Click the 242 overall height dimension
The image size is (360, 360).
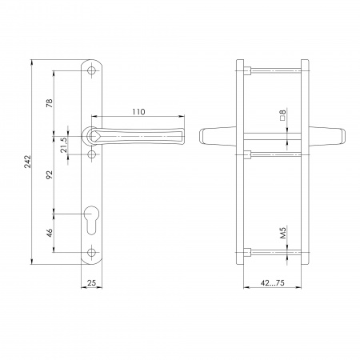28,162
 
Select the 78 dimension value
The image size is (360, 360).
50,103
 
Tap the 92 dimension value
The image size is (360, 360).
50,174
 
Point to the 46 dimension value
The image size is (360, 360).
50,233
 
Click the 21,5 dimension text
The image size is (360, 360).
64,145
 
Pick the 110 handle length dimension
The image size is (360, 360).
138,112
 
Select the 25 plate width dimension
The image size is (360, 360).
91,282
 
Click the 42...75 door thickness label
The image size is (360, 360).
273,282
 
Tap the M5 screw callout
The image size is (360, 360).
283,232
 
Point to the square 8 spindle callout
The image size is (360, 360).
283,115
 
